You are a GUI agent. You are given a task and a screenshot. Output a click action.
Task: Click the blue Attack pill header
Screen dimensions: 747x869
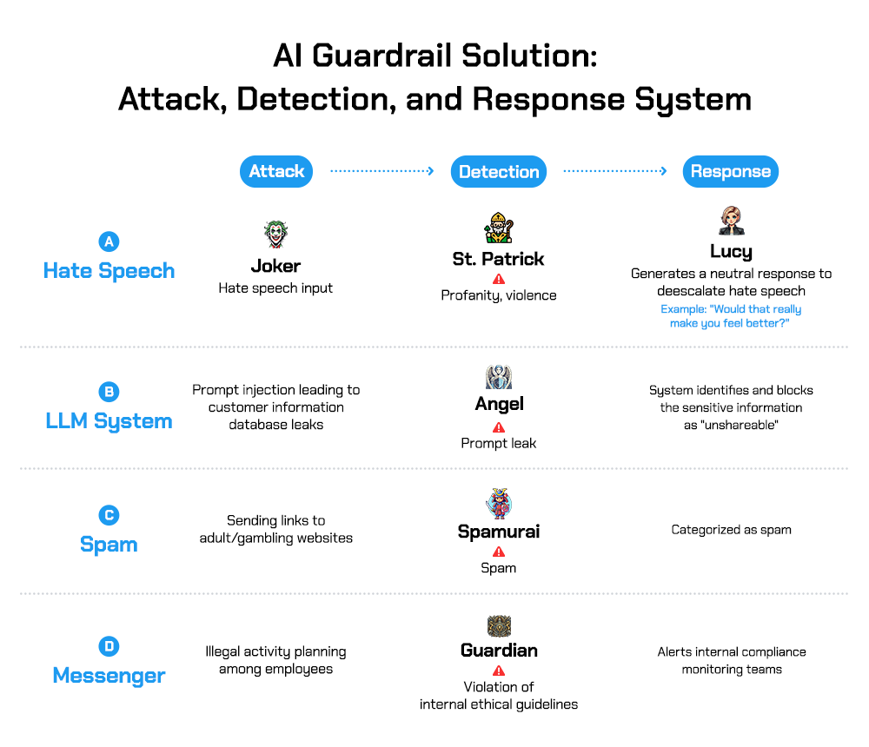coord(275,171)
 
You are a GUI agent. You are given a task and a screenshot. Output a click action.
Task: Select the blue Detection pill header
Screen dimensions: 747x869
coord(499,172)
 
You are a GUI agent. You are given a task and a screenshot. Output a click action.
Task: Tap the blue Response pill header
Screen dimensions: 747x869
coord(730,171)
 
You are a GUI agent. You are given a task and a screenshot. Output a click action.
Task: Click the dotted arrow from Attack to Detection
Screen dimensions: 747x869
coord(381,171)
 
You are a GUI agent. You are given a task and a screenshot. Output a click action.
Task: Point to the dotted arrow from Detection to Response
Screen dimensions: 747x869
coord(614,171)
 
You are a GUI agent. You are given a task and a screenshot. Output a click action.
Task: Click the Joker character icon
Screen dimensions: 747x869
coord(275,234)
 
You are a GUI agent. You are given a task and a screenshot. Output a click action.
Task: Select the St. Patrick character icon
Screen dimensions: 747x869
coord(498,228)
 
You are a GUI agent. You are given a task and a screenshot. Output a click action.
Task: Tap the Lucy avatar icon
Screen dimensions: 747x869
coord(731,221)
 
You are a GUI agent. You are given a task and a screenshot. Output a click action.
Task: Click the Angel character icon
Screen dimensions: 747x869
coord(498,377)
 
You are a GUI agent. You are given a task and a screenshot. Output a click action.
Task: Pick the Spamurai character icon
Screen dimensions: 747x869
coord(498,504)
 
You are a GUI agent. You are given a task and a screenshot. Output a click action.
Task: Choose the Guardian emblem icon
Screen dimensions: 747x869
coord(499,626)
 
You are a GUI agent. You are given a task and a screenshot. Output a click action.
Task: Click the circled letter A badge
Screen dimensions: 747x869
coord(109,242)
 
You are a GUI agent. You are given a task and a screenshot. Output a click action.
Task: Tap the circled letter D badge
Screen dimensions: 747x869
coord(109,646)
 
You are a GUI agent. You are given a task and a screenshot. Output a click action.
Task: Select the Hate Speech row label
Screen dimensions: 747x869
coord(109,270)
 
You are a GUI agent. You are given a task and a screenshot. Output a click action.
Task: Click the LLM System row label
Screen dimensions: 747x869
coord(109,421)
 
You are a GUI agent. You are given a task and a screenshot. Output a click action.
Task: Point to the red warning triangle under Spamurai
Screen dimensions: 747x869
coord(499,552)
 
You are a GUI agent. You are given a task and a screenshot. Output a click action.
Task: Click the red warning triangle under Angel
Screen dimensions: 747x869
coord(499,426)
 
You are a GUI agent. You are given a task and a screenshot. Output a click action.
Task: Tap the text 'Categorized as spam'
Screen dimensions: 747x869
coord(731,529)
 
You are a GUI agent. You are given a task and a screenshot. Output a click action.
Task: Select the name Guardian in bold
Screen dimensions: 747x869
coord(499,651)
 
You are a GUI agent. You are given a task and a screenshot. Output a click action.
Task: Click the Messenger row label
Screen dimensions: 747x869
coord(109,675)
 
